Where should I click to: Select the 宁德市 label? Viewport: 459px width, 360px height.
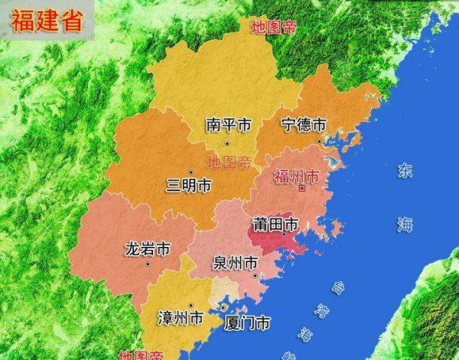pos(304,125)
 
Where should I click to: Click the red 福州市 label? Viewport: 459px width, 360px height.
pos(295,177)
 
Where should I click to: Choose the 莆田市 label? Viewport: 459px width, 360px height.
pos(275,225)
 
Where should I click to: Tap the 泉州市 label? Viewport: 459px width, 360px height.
pos(235,263)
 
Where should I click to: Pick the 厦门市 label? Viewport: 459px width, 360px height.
pos(247,323)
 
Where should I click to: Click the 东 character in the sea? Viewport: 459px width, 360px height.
pos(404,171)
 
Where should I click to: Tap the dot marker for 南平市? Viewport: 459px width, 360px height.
pos(226,144)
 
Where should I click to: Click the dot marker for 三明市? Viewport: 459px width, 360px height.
pos(190,172)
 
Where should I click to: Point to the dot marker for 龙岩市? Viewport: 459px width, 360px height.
pos(150,263)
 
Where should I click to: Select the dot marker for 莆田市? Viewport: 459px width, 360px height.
pos(284,235)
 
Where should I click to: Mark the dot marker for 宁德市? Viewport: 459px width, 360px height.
pos(320,141)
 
